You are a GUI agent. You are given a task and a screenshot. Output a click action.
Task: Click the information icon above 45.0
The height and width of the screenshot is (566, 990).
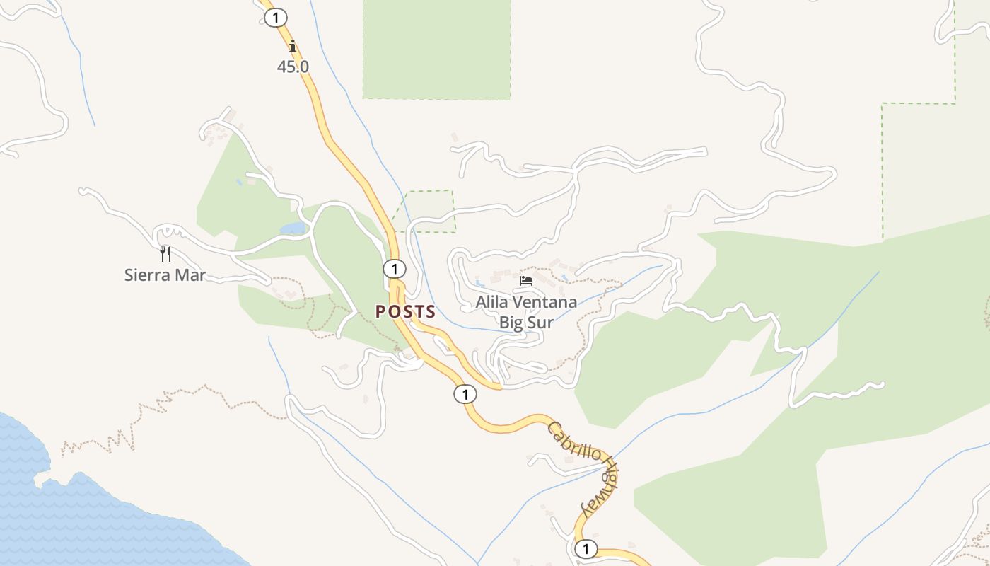click(x=293, y=47)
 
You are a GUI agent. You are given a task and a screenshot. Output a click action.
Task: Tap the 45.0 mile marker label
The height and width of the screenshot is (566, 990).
click(x=293, y=67)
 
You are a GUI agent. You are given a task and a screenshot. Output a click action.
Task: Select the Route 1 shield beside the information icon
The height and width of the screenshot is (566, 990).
click(x=275, y=18)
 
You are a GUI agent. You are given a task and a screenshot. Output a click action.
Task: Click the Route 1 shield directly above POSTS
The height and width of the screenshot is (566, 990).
click(x=394, y=269)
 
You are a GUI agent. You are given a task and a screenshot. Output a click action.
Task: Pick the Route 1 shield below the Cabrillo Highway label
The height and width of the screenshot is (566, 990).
click(x=586, y=548)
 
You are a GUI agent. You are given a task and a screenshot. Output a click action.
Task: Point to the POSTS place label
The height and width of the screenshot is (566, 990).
click(x=405, y=312)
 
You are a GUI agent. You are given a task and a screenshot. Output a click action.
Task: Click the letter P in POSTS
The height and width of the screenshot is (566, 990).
click(x=380, y=312)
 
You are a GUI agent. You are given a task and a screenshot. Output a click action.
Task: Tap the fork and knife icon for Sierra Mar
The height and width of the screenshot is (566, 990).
click(x=165, y=253)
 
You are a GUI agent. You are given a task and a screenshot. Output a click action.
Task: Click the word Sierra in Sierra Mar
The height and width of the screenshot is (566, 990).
click(x=146, y=275)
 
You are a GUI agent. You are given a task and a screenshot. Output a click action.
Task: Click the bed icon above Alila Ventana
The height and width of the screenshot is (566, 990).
click(x=525, y=281)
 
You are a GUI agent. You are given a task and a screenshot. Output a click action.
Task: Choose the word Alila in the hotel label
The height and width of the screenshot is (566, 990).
click(x=491, y=303)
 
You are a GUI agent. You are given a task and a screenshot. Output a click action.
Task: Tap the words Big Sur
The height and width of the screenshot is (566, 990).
click(x=526, y=323)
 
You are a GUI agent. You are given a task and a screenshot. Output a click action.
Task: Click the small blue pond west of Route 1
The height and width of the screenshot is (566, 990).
click(x=293, y=229)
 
